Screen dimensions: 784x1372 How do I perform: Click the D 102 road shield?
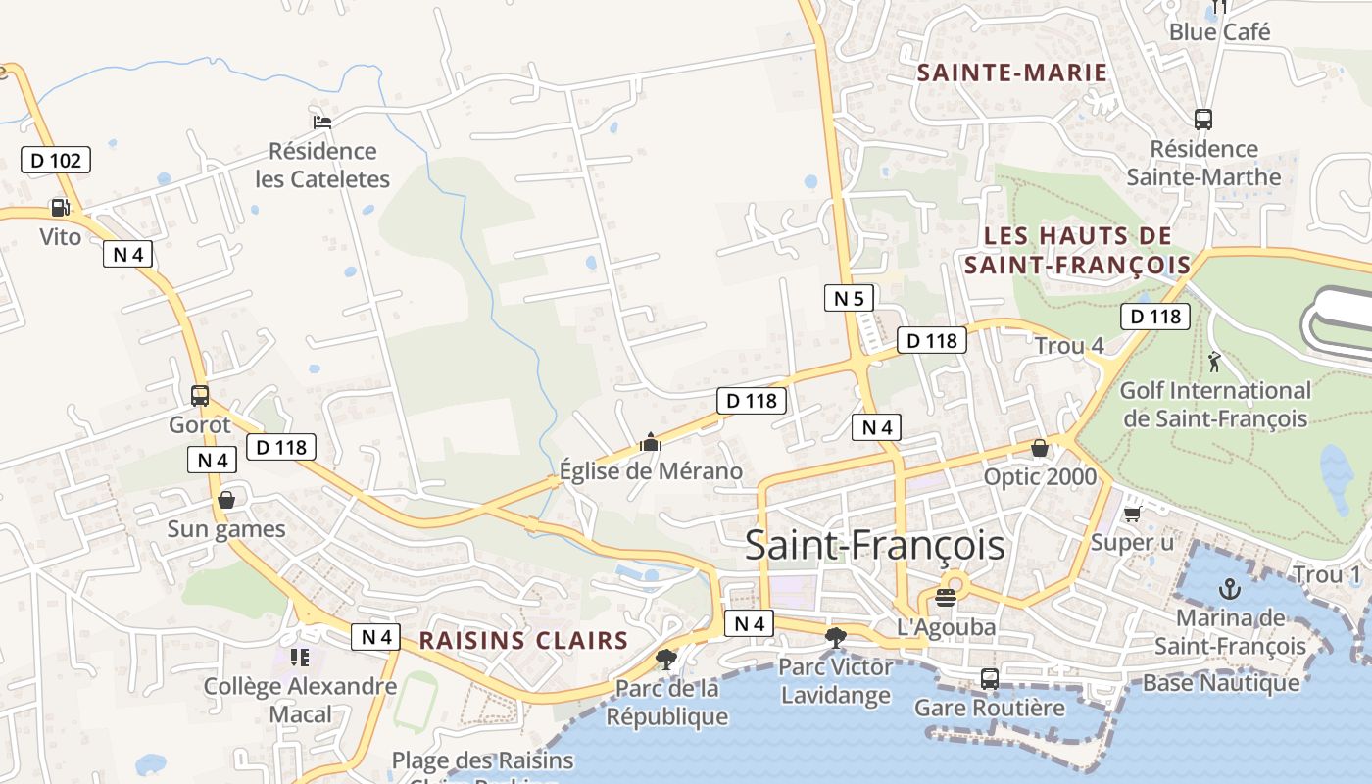tap(56, 160)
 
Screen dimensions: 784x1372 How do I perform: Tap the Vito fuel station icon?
tap(60, 208)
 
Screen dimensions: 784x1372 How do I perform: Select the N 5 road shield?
tap(849, 298)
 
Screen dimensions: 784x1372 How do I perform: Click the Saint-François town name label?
tap(875, 545)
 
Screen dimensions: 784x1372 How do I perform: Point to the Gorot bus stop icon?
tap(200, 396)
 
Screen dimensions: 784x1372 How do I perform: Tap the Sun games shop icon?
tap(226, 500)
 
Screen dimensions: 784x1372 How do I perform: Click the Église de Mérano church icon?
tap(650, 443)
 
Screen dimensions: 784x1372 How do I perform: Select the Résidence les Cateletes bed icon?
tap(322, 122)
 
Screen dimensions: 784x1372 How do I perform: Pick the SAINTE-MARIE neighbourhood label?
tap(1012, 73)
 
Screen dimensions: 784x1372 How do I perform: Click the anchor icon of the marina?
tap(1229, 589)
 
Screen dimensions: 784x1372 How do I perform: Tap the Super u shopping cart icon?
tap(1132, 514)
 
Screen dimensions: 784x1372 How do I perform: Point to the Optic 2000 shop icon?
tap(1039, 448)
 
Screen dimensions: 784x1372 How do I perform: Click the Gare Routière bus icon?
tap(990, 678)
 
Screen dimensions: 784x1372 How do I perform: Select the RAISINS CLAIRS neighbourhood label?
tap(523, 641)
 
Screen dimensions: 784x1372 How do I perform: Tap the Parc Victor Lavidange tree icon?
tap(836, 638)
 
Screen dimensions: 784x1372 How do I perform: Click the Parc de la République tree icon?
tap(666, 659)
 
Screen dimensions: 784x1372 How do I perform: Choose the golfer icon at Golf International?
tap(1215, 362)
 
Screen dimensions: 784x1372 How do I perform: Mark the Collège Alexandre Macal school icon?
tap(300, 657)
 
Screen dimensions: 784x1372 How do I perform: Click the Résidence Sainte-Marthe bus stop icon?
tap(1203, 120)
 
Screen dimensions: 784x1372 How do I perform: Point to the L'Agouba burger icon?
tap(946, 598)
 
